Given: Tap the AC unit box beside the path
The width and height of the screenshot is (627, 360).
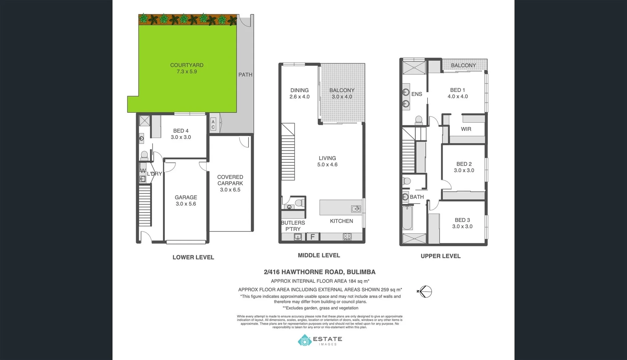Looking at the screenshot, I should tap(213, 125).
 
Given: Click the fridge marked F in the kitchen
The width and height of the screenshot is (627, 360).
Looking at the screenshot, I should tap(312, 237).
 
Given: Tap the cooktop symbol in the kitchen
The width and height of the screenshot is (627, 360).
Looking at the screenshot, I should tap(347, 237).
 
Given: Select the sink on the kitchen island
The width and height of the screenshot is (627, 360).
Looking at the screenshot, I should tap(356, 209).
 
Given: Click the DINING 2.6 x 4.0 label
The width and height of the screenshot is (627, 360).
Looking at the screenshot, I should tap(299, 93).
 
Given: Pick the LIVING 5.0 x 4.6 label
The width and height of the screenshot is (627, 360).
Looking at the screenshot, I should tap(327, 161).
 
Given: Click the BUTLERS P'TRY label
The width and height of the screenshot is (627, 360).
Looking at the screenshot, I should tap(293, 226).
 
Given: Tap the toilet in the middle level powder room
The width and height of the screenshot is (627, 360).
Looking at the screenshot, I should tap(299, 203).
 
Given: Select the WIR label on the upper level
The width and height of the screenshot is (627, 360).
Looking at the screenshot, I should tap(466, 129).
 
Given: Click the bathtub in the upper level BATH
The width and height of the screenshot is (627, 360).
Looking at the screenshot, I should tap(407, 218).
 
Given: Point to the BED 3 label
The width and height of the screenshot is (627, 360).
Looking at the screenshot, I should tap(462, 223).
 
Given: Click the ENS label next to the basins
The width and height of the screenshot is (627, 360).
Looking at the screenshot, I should tap(417, 94).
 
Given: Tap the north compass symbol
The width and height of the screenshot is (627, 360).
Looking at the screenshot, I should tap(425, 292).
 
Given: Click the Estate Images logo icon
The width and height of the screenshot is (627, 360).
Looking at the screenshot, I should tap(304, 341).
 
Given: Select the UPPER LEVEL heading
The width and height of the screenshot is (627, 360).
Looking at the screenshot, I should tap(440, 256).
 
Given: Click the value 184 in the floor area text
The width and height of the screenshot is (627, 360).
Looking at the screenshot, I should tap(353, 281).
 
